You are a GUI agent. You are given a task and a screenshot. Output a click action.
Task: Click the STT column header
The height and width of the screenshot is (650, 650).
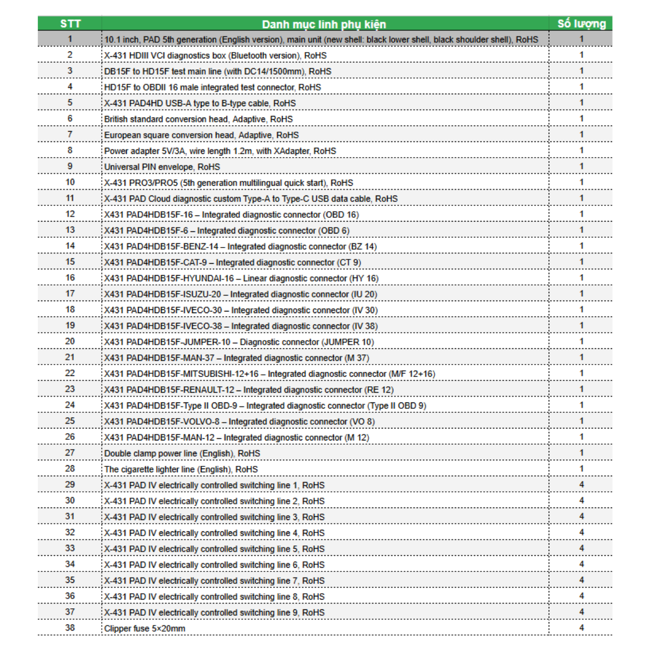pyautogui.click(x=70, y=24)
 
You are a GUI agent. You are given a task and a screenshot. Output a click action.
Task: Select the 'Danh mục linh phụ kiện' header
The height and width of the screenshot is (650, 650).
pyautogui.click(x=324, y=24)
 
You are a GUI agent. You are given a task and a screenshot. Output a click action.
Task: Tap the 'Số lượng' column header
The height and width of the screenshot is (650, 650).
pyautogui.click(x=581, y=24)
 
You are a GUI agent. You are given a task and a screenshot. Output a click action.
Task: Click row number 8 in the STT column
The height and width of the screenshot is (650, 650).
pyautogui.click(x=70, y=151)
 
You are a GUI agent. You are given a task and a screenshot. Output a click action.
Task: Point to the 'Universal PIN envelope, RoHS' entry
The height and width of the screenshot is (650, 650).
pyautogui.click(x=162, y=167)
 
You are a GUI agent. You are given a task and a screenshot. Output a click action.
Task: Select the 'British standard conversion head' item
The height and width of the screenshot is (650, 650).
pyautogui.click(x=198, y=119)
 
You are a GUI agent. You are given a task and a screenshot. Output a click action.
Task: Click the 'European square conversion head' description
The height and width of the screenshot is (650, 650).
pyautogui.click(x=201, y=135)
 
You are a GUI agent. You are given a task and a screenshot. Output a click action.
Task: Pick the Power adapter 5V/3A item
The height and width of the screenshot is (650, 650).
pyautogui.click(x=220, y=151)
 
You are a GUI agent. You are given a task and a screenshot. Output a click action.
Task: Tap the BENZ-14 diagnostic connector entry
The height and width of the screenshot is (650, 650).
pyautogui.click(x=240, y=246)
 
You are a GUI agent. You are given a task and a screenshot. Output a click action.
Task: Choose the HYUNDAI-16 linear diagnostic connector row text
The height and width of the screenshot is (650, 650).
pyautogui.click(x=241, y=278)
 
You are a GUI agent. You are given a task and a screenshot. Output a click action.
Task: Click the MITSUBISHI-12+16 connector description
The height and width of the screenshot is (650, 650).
pyautogui.click(x=269, y=374)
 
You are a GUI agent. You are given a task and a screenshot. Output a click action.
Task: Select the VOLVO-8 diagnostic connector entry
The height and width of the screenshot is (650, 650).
pyautogui.click(x=239, y=421)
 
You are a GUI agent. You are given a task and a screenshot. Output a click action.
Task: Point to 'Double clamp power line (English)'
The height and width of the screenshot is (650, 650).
pyautogui.click(x=182, y=453)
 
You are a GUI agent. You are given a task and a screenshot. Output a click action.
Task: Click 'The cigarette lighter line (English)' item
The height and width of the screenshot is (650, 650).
pyautogui.click(x=181, y=469)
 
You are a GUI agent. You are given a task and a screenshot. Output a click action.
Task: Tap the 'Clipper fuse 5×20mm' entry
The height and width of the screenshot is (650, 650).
pyautogui.click(x=145, y=628)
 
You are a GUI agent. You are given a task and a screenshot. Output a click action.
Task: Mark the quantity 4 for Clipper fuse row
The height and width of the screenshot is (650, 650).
pyautogui.click(x=582, y=628)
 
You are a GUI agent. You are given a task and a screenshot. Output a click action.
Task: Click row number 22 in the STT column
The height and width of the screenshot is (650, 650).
pyautogui.click(x=70, y=373)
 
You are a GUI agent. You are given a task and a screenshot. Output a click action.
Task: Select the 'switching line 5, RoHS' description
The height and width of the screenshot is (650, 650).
pyautogui.click(x=214, y=549)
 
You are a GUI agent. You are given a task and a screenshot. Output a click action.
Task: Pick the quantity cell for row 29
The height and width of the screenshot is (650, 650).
pyautogui.click(x=582, y=485)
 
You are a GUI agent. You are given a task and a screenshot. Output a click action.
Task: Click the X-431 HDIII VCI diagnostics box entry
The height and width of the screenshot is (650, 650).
pyautogui.click(x=216, y=55)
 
